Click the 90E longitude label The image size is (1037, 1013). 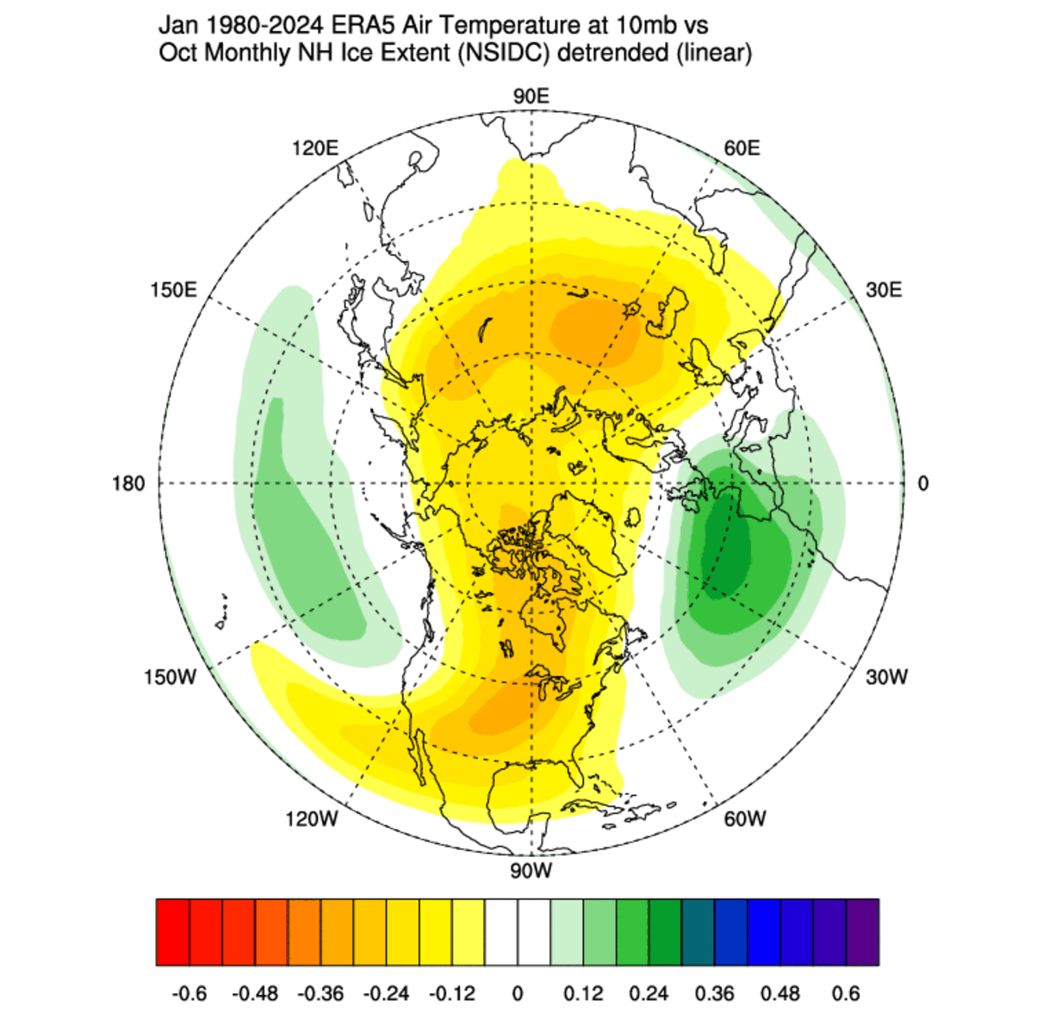(531, 96)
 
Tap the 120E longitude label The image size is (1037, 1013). (314, 148)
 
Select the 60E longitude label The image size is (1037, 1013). (742, 148)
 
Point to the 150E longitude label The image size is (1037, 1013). (173, 289)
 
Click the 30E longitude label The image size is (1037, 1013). (884, 289)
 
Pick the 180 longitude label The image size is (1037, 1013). (128, 483)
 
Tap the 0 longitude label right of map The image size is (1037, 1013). (923, 483)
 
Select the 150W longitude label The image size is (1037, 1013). (170, 677)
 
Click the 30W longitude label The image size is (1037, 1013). (886, 677)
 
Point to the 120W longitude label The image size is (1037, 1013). (312, 818)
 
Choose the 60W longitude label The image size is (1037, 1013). (744, 818)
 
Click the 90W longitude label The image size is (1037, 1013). (531, 871)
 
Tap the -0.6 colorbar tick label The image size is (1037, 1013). (189, 993)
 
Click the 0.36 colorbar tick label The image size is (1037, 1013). (714, 993)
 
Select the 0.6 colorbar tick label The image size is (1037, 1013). (845, 993)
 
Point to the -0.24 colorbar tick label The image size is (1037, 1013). (386, 993)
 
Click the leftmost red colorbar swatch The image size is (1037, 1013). (173, 932)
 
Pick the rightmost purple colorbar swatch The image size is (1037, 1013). (862, 932)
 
